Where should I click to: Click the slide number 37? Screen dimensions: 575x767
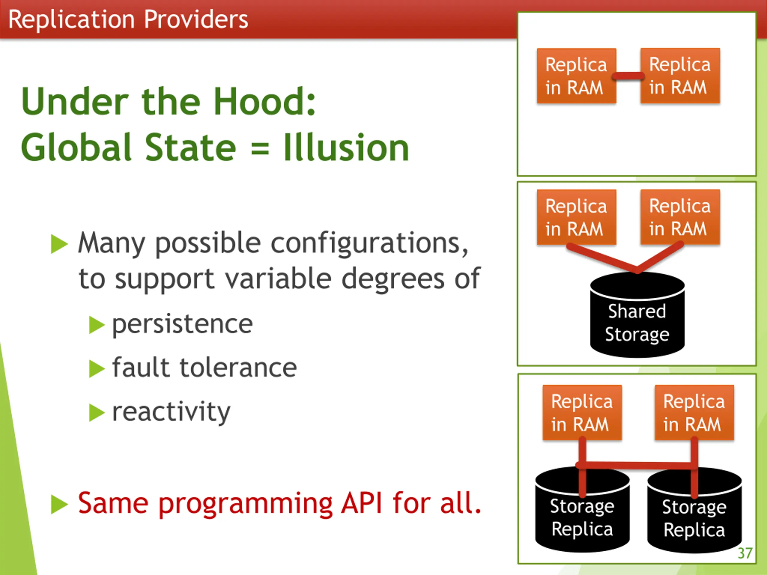[x=745, y=553]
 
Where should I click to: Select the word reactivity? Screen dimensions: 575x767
[x=171, y=412]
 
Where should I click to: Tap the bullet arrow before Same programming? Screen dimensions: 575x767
[x=59, y=504]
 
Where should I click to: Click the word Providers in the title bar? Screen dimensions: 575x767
[x=196, y=19]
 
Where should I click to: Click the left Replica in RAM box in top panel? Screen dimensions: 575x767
[x=576, y=76]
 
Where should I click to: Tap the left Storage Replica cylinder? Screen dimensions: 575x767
[x=582, y=516]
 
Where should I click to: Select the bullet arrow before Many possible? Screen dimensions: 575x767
[x=59, y=244]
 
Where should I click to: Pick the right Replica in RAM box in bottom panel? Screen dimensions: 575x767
[x=694, y=413]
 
